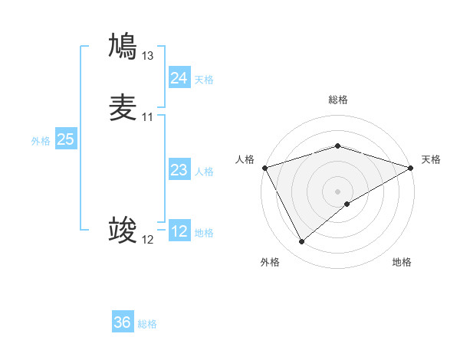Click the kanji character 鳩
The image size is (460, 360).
coord(123,46)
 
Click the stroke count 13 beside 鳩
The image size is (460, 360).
coord(148,55)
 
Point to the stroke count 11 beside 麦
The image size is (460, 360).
coord(148,117)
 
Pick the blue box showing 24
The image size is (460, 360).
coord(179,78)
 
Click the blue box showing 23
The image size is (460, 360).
coord(179,170)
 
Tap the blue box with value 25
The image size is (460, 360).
coord(65,139)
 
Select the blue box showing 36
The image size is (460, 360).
coord(123,322)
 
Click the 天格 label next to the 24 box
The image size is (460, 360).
coord(204,80)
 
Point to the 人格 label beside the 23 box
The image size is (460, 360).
coord(204,172)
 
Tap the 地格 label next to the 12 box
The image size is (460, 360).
coord(204,233)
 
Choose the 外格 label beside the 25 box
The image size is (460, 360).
coord(41,141)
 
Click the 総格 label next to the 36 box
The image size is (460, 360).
coord(147,324)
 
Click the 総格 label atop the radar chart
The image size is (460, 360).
coord(337,100)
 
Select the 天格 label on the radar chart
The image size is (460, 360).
coord(431,159)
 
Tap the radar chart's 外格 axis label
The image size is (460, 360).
coord(270,262)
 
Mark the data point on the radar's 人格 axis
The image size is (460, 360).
coord(264,168)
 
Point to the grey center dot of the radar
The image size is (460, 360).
coord(337,191)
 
